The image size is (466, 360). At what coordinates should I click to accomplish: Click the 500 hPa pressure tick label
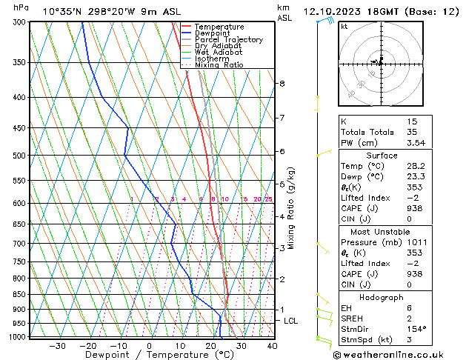[19, 156]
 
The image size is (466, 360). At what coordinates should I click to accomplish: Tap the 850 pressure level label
[19, 295]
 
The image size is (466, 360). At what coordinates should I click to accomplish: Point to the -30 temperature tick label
[57, 345]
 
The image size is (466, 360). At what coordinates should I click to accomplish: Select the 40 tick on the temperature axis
[272, 345]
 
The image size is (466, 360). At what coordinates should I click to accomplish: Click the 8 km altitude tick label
[282, 84]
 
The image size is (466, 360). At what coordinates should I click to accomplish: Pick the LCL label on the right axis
[290, 321]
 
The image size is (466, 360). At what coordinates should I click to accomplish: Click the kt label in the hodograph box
[344, 27]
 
